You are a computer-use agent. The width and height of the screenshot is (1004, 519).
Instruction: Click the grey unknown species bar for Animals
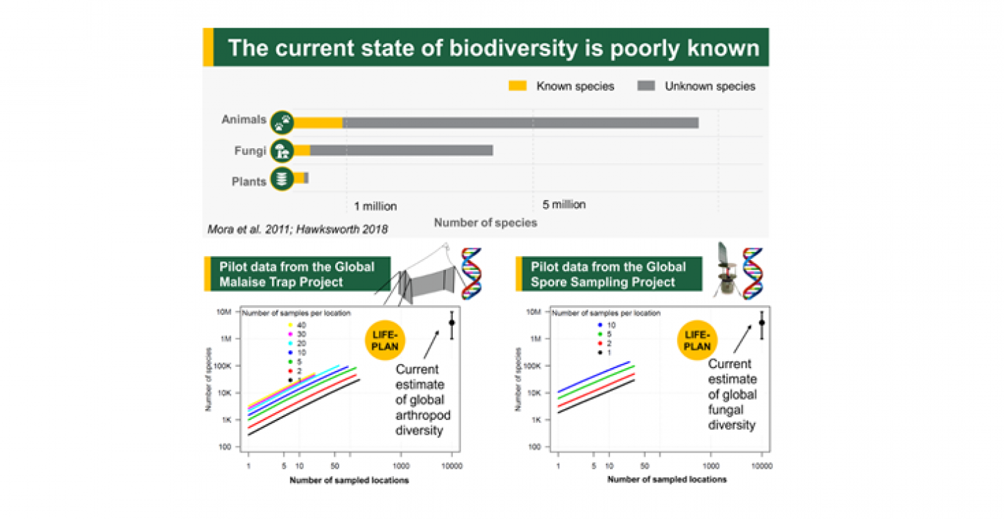point(519,122)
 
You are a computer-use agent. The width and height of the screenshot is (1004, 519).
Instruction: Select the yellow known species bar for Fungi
point(302,149)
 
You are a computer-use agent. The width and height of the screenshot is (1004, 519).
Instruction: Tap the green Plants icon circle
point(281,179)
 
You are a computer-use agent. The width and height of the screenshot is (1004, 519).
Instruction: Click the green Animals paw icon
point(281,122)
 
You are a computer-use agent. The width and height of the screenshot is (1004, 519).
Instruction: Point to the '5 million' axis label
point(564,205)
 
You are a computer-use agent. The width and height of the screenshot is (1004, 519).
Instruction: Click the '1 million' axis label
point(375,206)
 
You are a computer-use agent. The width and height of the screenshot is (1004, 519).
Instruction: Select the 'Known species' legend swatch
point(518,86)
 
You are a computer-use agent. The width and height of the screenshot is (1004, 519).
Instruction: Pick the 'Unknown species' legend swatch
point(646,86)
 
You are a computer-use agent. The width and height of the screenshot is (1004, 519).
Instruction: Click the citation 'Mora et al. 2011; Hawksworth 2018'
point(296,229)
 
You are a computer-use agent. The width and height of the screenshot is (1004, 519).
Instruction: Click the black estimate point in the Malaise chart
point(451,322)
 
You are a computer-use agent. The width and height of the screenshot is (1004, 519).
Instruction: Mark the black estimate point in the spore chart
point(762,322)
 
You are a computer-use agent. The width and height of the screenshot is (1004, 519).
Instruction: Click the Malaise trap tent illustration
point(422,284)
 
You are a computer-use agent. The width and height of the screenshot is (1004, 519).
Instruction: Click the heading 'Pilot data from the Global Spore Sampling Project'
point(608,275)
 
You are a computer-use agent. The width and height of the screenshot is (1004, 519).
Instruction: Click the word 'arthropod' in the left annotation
point(419,415)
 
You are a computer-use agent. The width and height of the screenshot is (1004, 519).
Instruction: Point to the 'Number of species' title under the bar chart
point(485,223)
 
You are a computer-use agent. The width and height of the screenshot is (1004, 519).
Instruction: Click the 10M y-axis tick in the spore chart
point(532,312)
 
